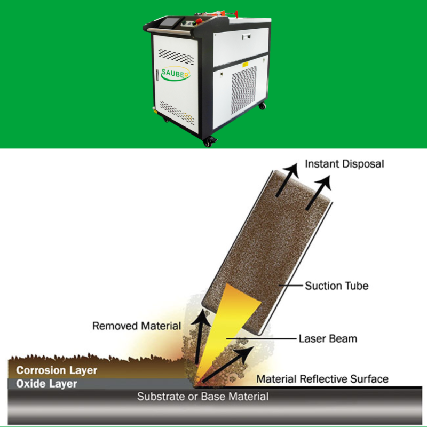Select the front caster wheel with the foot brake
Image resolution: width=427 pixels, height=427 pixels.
tap(208, 141)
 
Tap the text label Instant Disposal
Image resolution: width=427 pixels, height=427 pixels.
tap(344, 163)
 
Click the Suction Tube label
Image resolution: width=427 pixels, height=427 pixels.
tap(336, 286)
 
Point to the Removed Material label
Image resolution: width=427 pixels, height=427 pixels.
tap(137, 326)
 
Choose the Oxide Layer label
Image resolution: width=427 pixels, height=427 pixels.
tap(46, 383)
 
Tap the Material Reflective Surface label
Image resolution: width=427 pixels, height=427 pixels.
tap(322, 379)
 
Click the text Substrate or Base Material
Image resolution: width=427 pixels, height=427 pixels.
tap(203, 397)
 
